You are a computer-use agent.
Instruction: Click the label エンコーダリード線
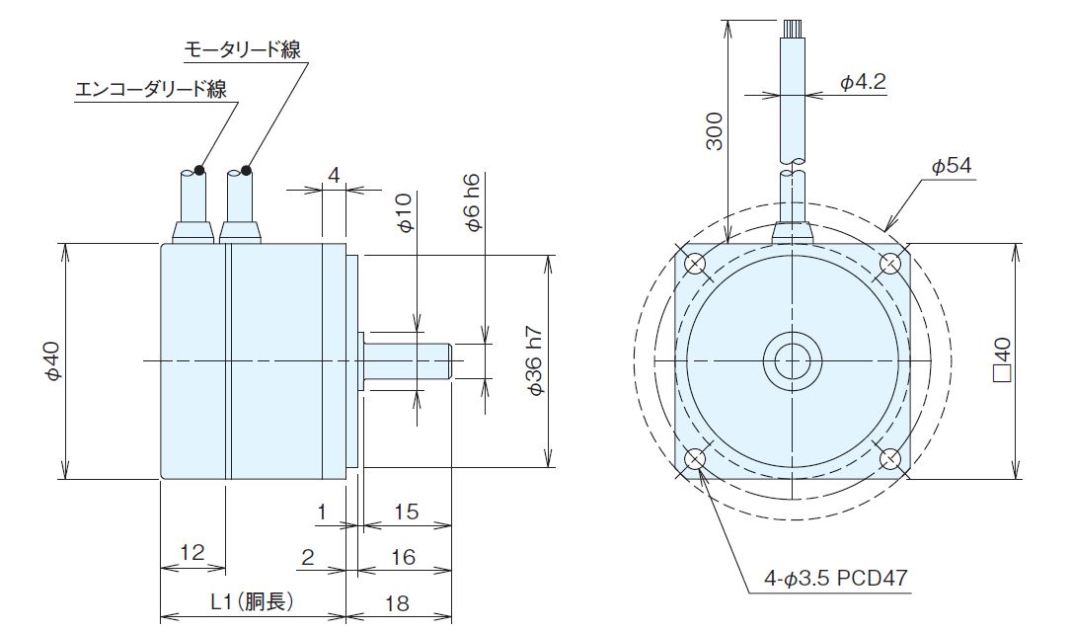pos(152,90)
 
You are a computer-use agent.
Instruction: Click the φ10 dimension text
pos(403,212)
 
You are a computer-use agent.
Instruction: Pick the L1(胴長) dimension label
pos(253,600)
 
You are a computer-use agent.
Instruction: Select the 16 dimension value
pos(402,558)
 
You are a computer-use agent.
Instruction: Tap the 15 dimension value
pos(406,513)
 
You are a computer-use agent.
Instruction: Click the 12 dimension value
pos(192,552)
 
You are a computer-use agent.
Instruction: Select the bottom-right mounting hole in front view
pos(890,459)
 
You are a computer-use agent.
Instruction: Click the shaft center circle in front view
pos(792,361)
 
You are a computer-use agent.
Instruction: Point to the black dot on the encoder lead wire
pos(199,170)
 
